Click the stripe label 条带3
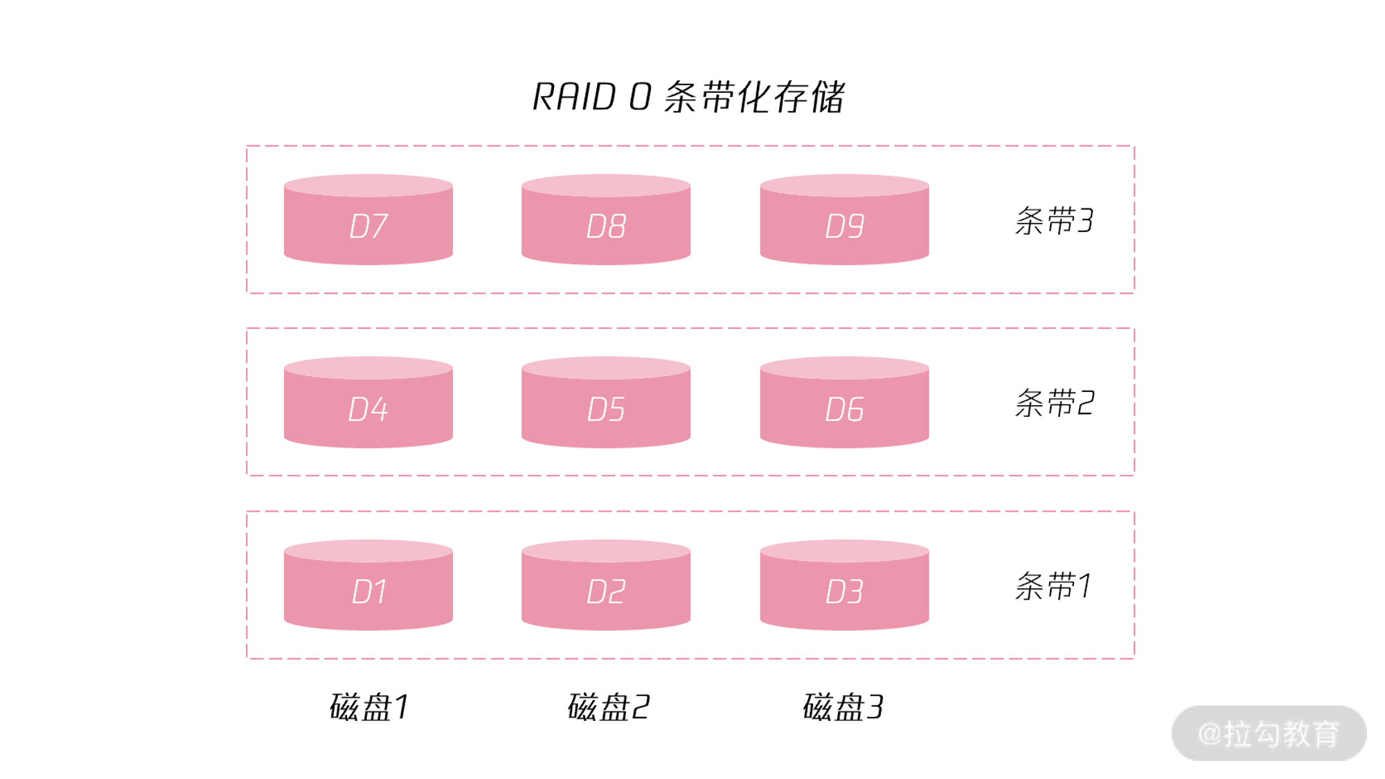1053,221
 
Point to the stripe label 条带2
1053,403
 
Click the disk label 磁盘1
369,707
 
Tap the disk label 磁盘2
607,707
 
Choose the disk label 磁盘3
843,707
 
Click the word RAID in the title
574,96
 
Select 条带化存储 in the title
754,96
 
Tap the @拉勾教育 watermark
1269,733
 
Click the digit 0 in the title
640,96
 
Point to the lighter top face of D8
606,185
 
